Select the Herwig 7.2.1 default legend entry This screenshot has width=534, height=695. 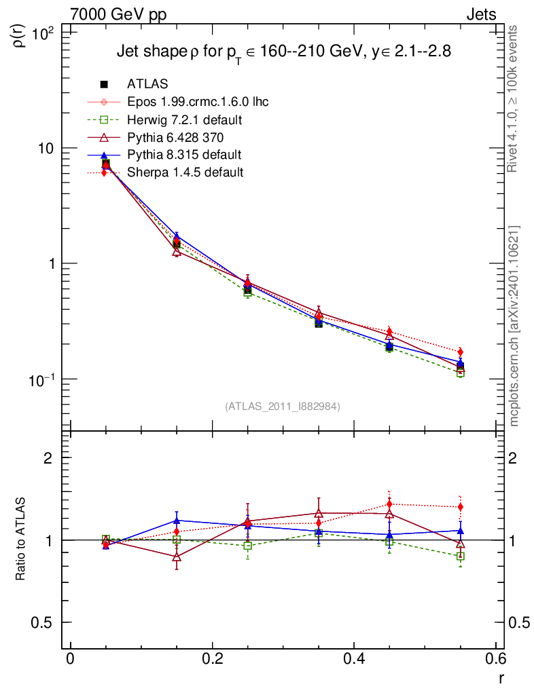[x=185, y=119]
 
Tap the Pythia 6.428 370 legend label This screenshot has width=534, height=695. [x=179, y=137]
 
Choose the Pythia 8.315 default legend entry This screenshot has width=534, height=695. [x=184, y=155]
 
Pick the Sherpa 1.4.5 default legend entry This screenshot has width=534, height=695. [x=185, y=172]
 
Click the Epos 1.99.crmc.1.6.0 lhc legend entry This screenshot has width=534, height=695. [x=198, y=102]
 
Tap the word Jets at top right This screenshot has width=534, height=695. [x=480, y=14]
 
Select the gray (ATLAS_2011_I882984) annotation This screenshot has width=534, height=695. [x=283, y=406]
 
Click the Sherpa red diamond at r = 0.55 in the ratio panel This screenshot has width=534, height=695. [x=461, y=507]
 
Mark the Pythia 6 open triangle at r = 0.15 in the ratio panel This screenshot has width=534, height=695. [x=177, y=557]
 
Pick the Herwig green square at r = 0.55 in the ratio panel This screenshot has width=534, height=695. [x=461, y=556]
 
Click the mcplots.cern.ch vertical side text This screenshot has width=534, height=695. [x=514, y=326]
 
